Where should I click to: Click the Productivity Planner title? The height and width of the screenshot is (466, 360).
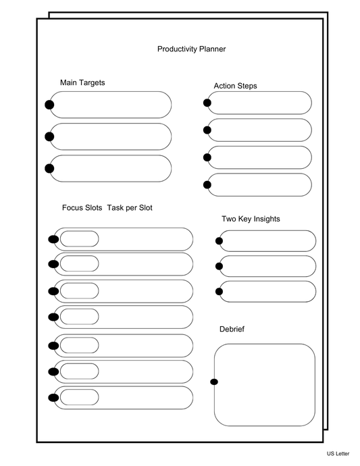(191, 49)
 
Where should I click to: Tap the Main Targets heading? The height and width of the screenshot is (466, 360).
(82, 83)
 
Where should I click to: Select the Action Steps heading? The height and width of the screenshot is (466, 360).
(235, 86)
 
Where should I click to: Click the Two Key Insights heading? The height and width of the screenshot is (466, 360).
(251, 219)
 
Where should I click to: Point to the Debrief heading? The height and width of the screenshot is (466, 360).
(232, 329)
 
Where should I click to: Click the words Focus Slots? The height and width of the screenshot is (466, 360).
(82, 208)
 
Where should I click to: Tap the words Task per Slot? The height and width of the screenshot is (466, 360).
(130, 208)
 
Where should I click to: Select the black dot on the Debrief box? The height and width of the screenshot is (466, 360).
(214, 382)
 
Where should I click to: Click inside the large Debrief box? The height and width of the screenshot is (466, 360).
(265, 385)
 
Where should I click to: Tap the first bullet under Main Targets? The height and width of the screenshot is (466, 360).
(49, 105)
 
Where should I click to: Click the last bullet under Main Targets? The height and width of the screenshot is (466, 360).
(49, 168)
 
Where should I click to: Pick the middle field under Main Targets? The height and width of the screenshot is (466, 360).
(111, 136)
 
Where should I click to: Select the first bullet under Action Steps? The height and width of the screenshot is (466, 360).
(207, 103)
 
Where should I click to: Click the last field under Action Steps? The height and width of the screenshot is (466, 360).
(260, 184)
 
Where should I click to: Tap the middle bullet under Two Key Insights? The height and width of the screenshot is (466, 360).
(219, 266)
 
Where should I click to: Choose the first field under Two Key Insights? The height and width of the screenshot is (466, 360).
(268, 241)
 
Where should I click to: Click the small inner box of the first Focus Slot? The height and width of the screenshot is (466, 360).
(79, 239)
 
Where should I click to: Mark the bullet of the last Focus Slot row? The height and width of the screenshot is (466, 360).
(53, 397)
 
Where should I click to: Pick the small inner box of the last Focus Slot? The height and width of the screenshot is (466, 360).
(79, 397)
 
